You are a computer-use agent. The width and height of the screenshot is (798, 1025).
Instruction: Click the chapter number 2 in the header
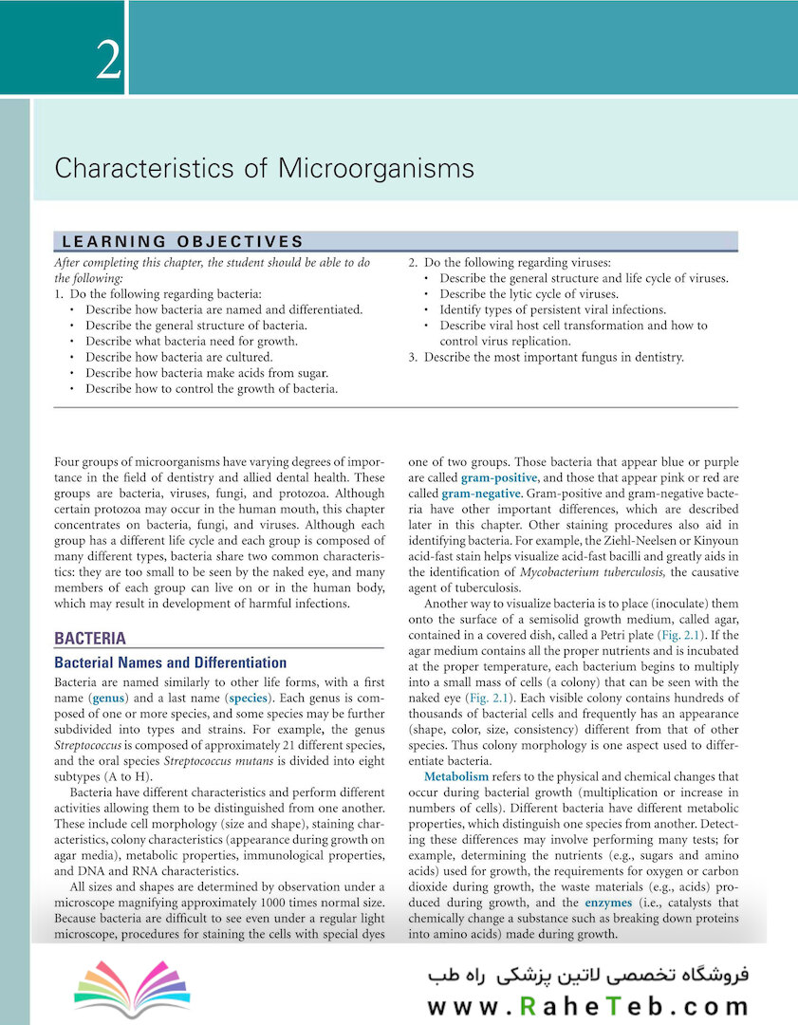108,62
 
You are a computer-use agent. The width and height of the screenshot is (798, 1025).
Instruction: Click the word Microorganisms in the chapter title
376,169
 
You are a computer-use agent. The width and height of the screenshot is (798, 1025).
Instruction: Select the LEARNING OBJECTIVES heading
182,242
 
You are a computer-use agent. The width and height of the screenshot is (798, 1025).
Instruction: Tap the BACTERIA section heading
90,639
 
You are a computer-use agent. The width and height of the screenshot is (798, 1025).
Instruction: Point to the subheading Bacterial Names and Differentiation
171,662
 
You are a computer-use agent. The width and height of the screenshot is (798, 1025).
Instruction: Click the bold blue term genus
106,698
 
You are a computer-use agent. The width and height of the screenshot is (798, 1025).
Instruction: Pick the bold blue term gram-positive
499,477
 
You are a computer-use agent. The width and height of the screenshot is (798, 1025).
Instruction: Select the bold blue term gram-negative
481,494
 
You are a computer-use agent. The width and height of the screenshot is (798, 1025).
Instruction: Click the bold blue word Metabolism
456,777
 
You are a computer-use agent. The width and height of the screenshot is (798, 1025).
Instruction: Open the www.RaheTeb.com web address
588,1007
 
